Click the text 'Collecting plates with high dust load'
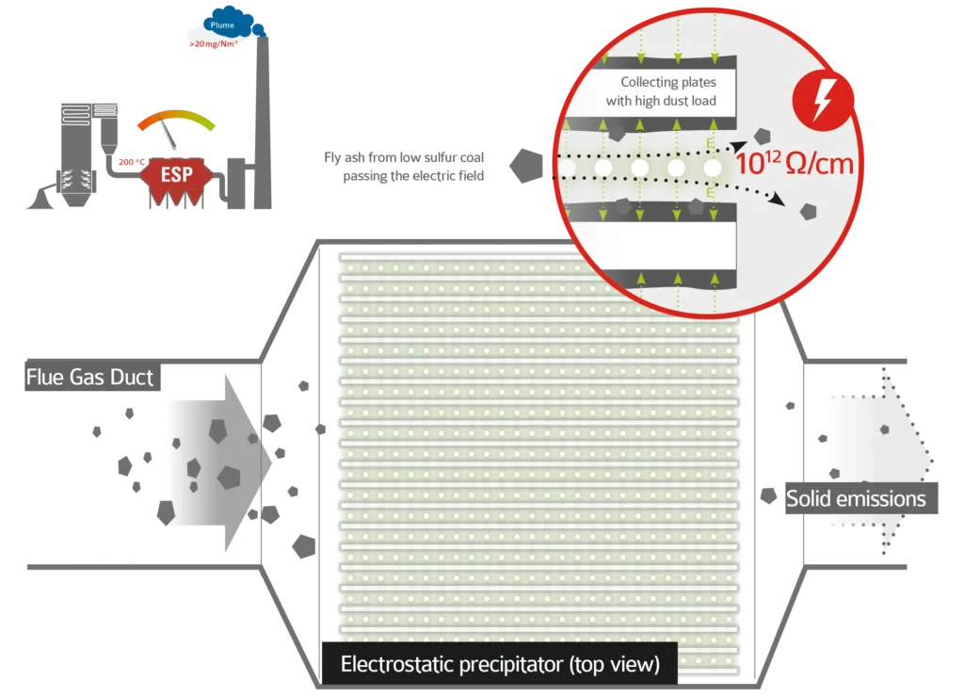pyautogui.click(x=668, y=91)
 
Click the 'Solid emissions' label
pyautogui.click(x=856, y=498)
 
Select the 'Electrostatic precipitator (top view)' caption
pyautogui.click(x=499, y=665)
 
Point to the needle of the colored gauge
pyautogui.click(x=169, y=136)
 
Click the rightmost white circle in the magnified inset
pyautogui.click(x=713, y=168)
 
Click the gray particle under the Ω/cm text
pyautogui.click(x=807, y=212)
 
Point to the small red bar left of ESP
pyautogui.click(x=125, y=162)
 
